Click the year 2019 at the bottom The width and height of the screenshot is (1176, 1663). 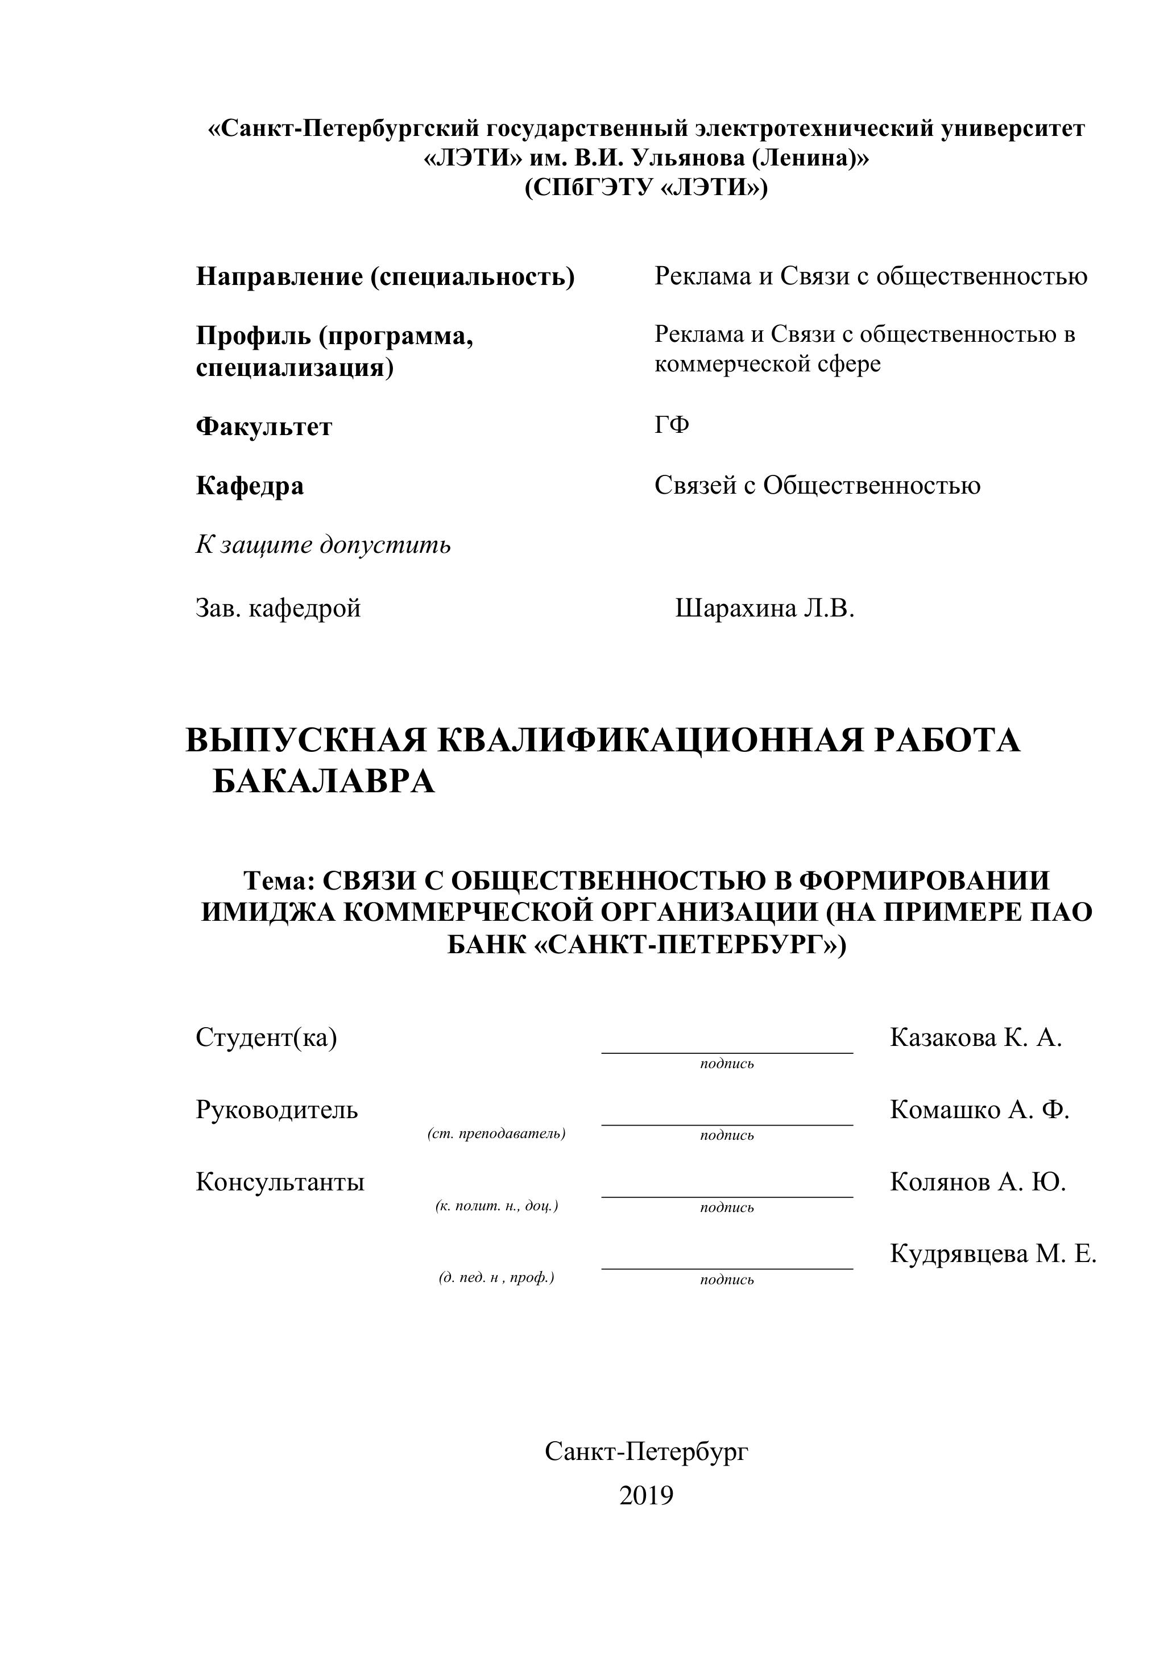[x=646, y=1495]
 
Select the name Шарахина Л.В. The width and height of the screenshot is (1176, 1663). [x=765, y=607]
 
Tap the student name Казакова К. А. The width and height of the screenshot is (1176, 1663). [x=975, y=1037]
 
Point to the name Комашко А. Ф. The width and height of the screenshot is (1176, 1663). [x=979, y=1109]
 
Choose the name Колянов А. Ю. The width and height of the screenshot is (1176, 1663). [x=978, y=1181]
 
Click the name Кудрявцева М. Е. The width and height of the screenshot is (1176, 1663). [x=993, y=1253]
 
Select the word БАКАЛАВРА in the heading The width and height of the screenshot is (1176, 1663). [x=324, y=781]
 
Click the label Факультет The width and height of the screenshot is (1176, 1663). [x=264, y=426]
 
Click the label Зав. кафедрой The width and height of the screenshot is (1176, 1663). [x=278, y=607]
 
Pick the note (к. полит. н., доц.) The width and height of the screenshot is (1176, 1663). [x=497, y=1206]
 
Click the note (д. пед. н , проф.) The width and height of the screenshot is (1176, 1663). [x=497, y=1277]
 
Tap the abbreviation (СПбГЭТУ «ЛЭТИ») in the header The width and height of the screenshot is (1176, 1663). [x=646, y=188]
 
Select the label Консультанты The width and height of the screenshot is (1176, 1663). [x=280, y=1181]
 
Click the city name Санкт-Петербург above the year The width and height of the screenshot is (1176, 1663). [x=646, y=1451]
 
